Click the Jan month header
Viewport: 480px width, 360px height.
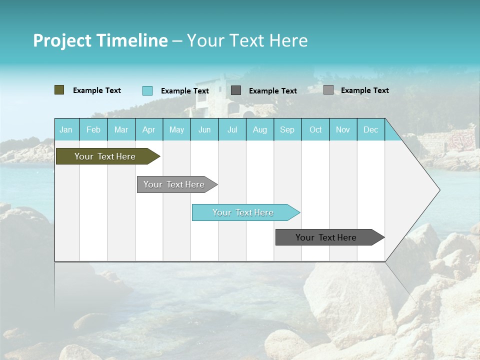66,129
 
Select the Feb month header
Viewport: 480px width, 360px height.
93,129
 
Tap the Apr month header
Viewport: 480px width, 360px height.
148,129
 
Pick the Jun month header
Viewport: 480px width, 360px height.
204,129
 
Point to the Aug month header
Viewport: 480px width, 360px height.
259,129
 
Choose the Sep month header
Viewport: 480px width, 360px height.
287,129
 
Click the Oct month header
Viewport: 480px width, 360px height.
315,129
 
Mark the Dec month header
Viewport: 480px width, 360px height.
370,129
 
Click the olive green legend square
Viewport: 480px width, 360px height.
59,90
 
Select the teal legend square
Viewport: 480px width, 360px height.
147,90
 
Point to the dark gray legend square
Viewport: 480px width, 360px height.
236,90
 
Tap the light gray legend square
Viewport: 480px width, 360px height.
328,90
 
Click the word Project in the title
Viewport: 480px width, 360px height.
62,40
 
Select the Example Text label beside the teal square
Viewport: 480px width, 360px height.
184,90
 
